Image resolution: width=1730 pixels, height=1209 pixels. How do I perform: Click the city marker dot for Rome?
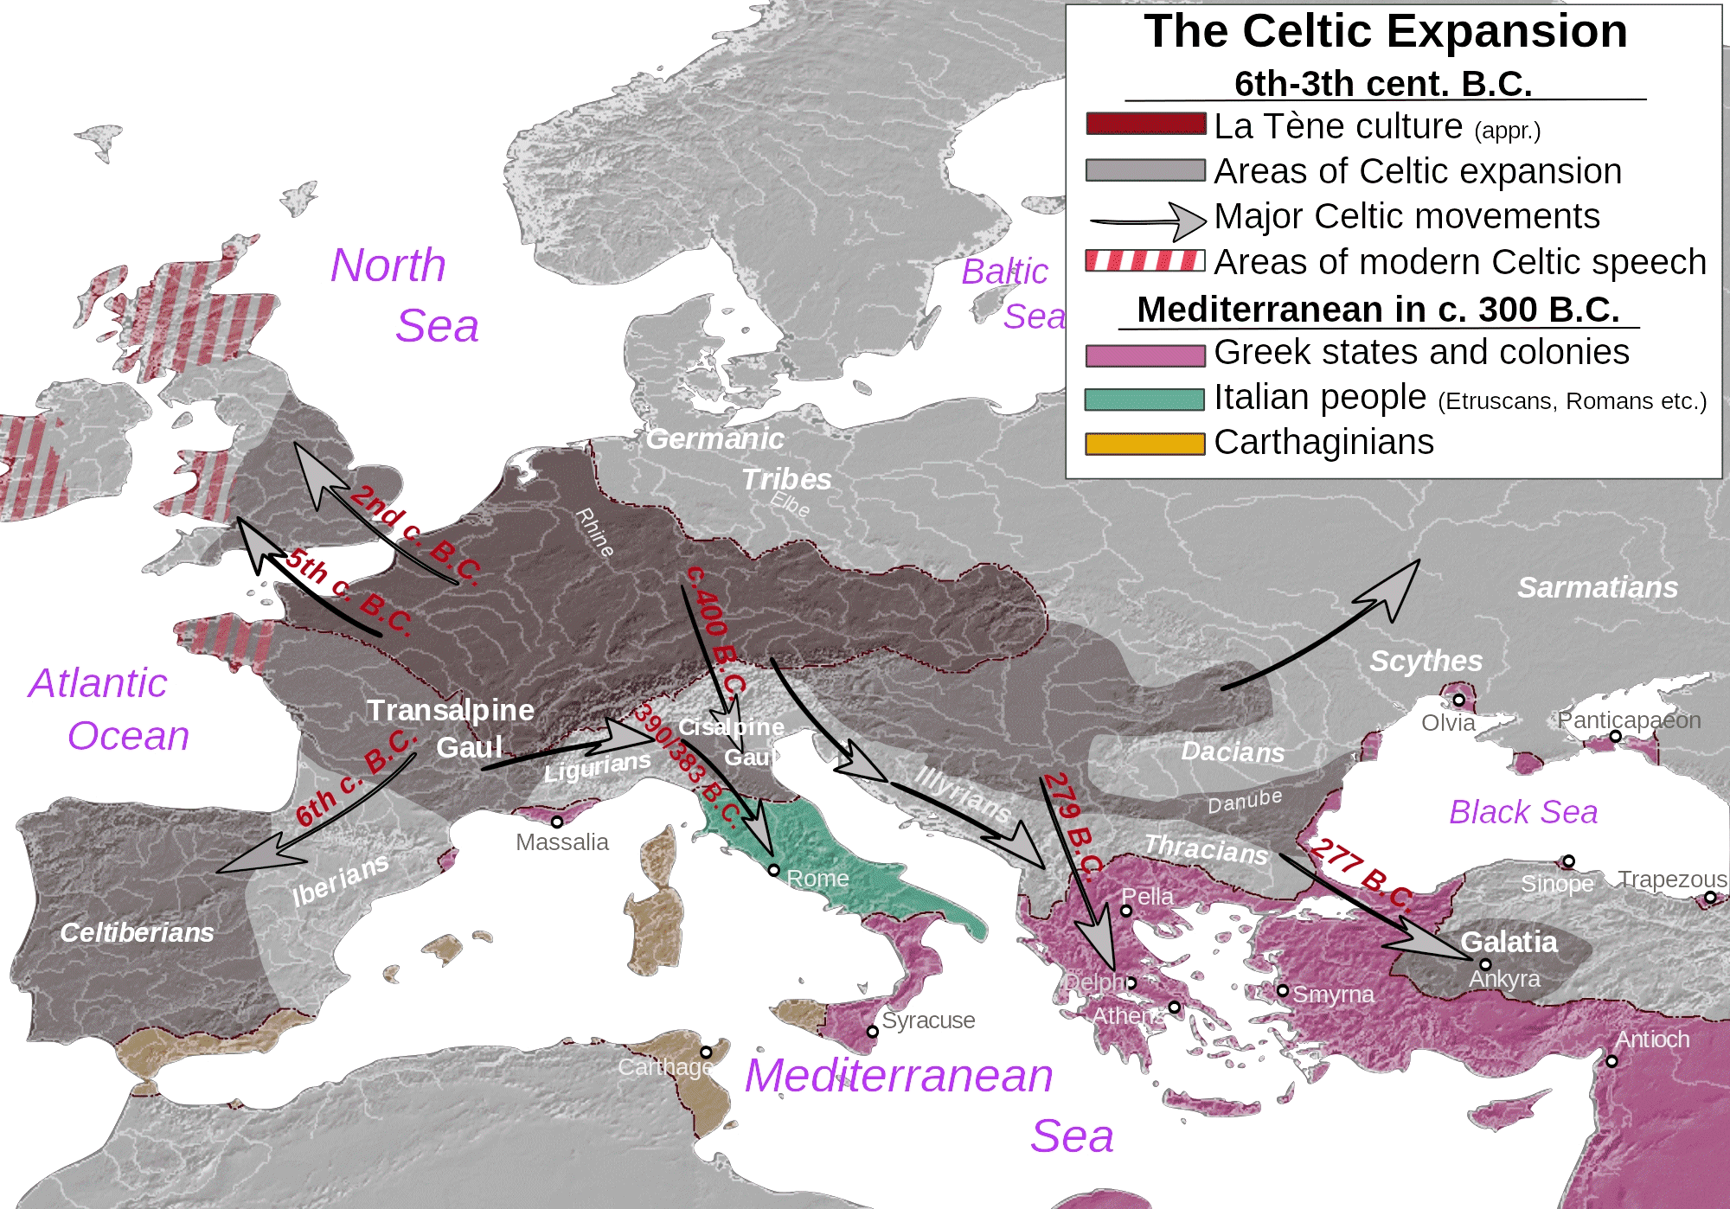[773, 870]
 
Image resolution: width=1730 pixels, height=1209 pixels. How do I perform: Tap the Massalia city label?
[561, 842]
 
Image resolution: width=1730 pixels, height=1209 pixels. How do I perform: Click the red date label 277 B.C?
[1361, 874]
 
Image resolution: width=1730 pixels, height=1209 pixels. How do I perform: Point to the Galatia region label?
[1509, 942]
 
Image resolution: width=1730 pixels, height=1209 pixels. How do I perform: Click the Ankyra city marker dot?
[1485, 964]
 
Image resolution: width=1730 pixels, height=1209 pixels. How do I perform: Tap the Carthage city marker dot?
[706, 1052]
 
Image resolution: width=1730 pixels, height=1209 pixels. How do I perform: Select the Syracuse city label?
[928, 1020]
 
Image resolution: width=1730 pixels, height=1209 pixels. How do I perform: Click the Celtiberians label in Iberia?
[137, 932]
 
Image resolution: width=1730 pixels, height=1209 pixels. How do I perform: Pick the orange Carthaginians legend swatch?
[1144, 444]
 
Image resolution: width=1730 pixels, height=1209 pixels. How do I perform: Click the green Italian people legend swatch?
[1144, 399]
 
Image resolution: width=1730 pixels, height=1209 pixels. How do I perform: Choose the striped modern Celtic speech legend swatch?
[1144, 260]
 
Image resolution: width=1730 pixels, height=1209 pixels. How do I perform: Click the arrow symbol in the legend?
[1148, 221]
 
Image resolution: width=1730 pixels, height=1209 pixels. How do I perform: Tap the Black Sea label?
[1523, 812]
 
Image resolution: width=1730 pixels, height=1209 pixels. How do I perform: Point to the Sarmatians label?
[1597, 587]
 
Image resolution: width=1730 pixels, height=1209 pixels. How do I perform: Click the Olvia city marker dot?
[1458, 700]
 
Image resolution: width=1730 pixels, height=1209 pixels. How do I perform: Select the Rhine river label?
[595, 533]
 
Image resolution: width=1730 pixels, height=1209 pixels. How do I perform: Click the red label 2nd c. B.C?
[415, 534]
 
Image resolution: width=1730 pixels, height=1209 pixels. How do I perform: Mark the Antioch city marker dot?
[1611, 1061]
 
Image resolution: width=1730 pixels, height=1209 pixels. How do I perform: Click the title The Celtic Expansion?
[1385, 32]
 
